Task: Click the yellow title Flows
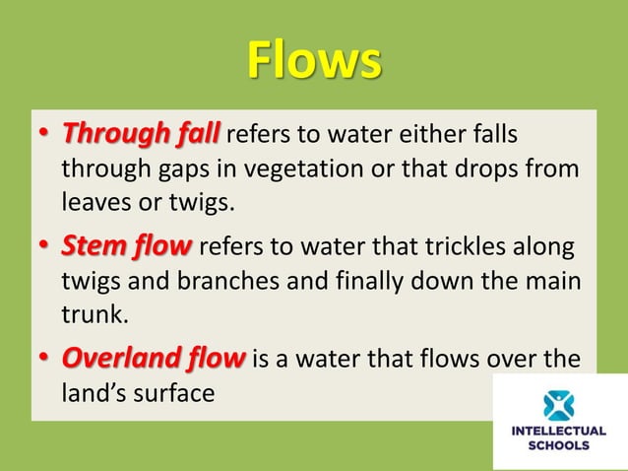pos(313,61)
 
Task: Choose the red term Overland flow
pos(153,358)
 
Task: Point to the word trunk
pos(93,314)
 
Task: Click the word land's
pos(93,393)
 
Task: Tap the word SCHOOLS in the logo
pos(559,445)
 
